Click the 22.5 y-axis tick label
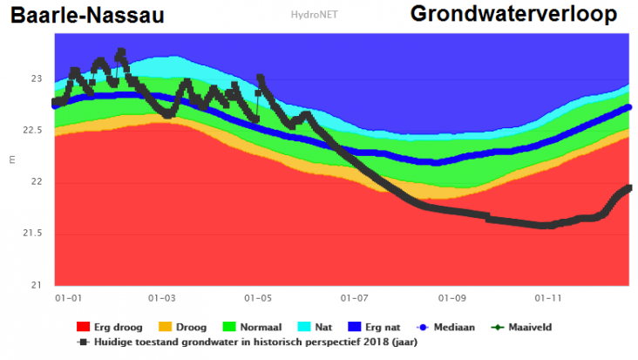point(32,131)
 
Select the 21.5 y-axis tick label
point(32,234)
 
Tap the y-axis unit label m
point(11,159)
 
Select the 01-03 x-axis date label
point(163,298)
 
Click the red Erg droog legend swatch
point(84,327)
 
